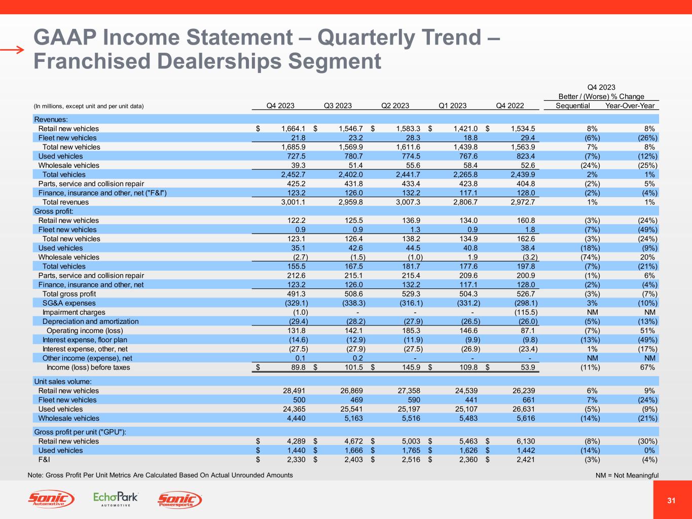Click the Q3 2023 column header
click(338, 106)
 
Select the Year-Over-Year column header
click(630, 106)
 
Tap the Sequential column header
click(573, 106)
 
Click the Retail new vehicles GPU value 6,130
click(524, 441)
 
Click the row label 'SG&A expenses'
click(69, 303)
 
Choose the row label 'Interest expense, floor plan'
click(85, 340)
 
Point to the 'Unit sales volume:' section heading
click(62, 381)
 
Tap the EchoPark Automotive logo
click(116, 499)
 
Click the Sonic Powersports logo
click(180, 500)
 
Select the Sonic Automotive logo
click(51, 500)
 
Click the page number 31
click(672, 501)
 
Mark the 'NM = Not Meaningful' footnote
click(627, 475)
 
